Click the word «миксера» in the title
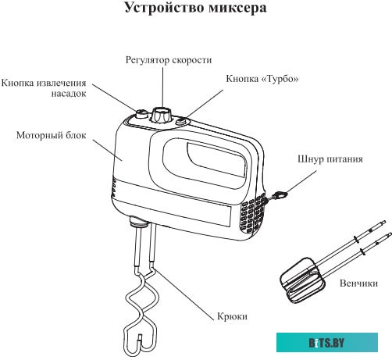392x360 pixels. pos(239,10)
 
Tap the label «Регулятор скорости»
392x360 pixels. pos(168,60)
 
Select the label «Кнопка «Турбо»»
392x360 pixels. pos(262,80)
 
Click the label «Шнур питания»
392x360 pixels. pos(330,159)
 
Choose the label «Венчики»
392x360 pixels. pos(361,283)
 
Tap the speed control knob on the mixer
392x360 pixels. pos(162,115)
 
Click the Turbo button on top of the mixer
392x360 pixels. pos(183,121)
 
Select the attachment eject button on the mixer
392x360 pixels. pos(141,115)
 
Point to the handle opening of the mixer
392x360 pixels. pos(207,160)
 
